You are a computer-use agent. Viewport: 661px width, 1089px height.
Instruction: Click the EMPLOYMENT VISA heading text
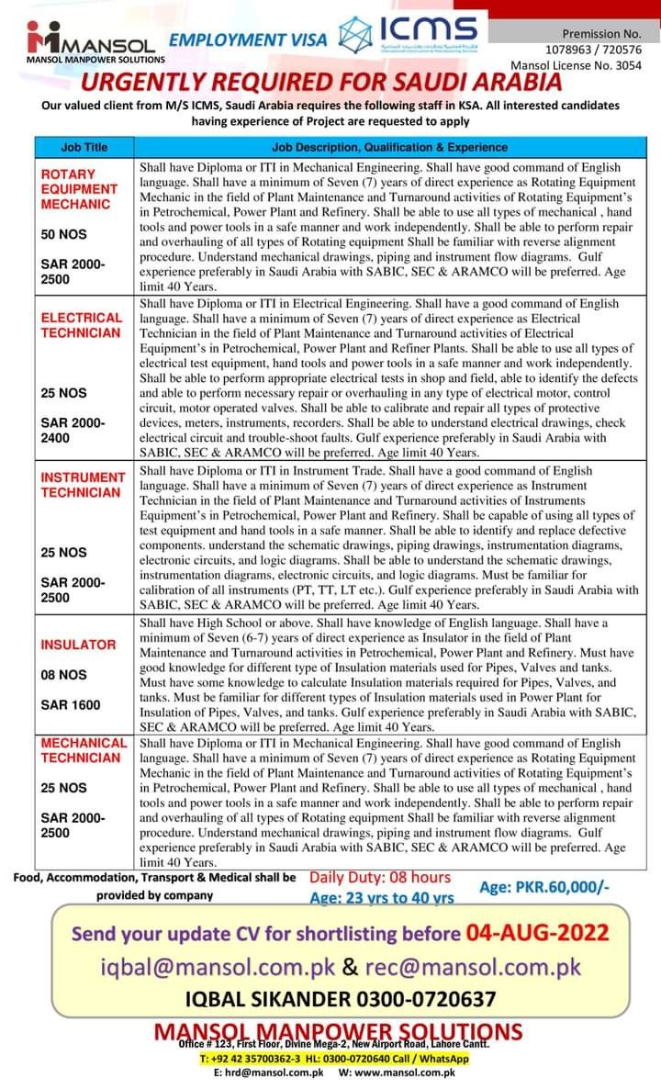249,39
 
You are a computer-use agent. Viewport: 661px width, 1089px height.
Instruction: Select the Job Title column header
84,147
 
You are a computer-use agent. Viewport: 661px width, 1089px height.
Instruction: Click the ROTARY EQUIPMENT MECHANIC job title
79,188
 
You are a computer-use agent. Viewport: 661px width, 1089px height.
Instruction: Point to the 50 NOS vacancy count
63,234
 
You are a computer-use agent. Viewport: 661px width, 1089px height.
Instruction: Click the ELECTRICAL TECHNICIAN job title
81,325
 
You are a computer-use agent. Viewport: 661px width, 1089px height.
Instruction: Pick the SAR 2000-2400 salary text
73,431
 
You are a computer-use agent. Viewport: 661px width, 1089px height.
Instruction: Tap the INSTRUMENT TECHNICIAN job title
83,485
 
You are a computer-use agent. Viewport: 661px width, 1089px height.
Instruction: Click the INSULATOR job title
78,645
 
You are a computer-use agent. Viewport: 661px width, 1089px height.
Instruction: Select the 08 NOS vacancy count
63,675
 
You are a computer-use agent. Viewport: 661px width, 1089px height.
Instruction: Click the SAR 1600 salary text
70,705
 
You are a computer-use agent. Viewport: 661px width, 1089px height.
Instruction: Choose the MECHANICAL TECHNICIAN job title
83,750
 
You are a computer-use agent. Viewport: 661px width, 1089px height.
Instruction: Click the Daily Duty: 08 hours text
379,878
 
